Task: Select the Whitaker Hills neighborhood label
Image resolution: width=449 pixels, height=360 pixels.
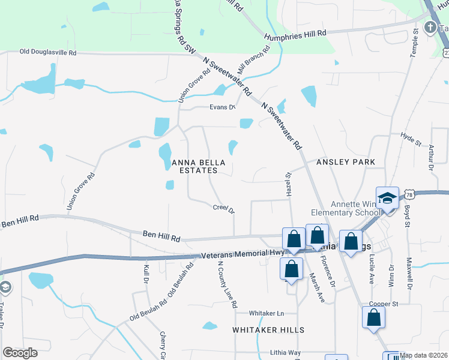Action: [x=268, y=330]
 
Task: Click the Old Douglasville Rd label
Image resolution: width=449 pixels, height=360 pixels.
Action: [x=48, y=53]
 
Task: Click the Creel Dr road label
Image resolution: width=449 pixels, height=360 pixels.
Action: [x=223, y=209]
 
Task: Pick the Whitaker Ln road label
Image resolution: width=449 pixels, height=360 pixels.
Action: [x=267, y=313]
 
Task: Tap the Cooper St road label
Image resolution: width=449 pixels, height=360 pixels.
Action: [x=384, y=304]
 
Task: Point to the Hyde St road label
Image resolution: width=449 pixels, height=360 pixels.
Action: [x=411, y=139]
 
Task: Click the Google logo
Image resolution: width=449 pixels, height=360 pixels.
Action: [x=20, y=353]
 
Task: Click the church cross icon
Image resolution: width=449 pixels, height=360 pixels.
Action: [x=430, y=28]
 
